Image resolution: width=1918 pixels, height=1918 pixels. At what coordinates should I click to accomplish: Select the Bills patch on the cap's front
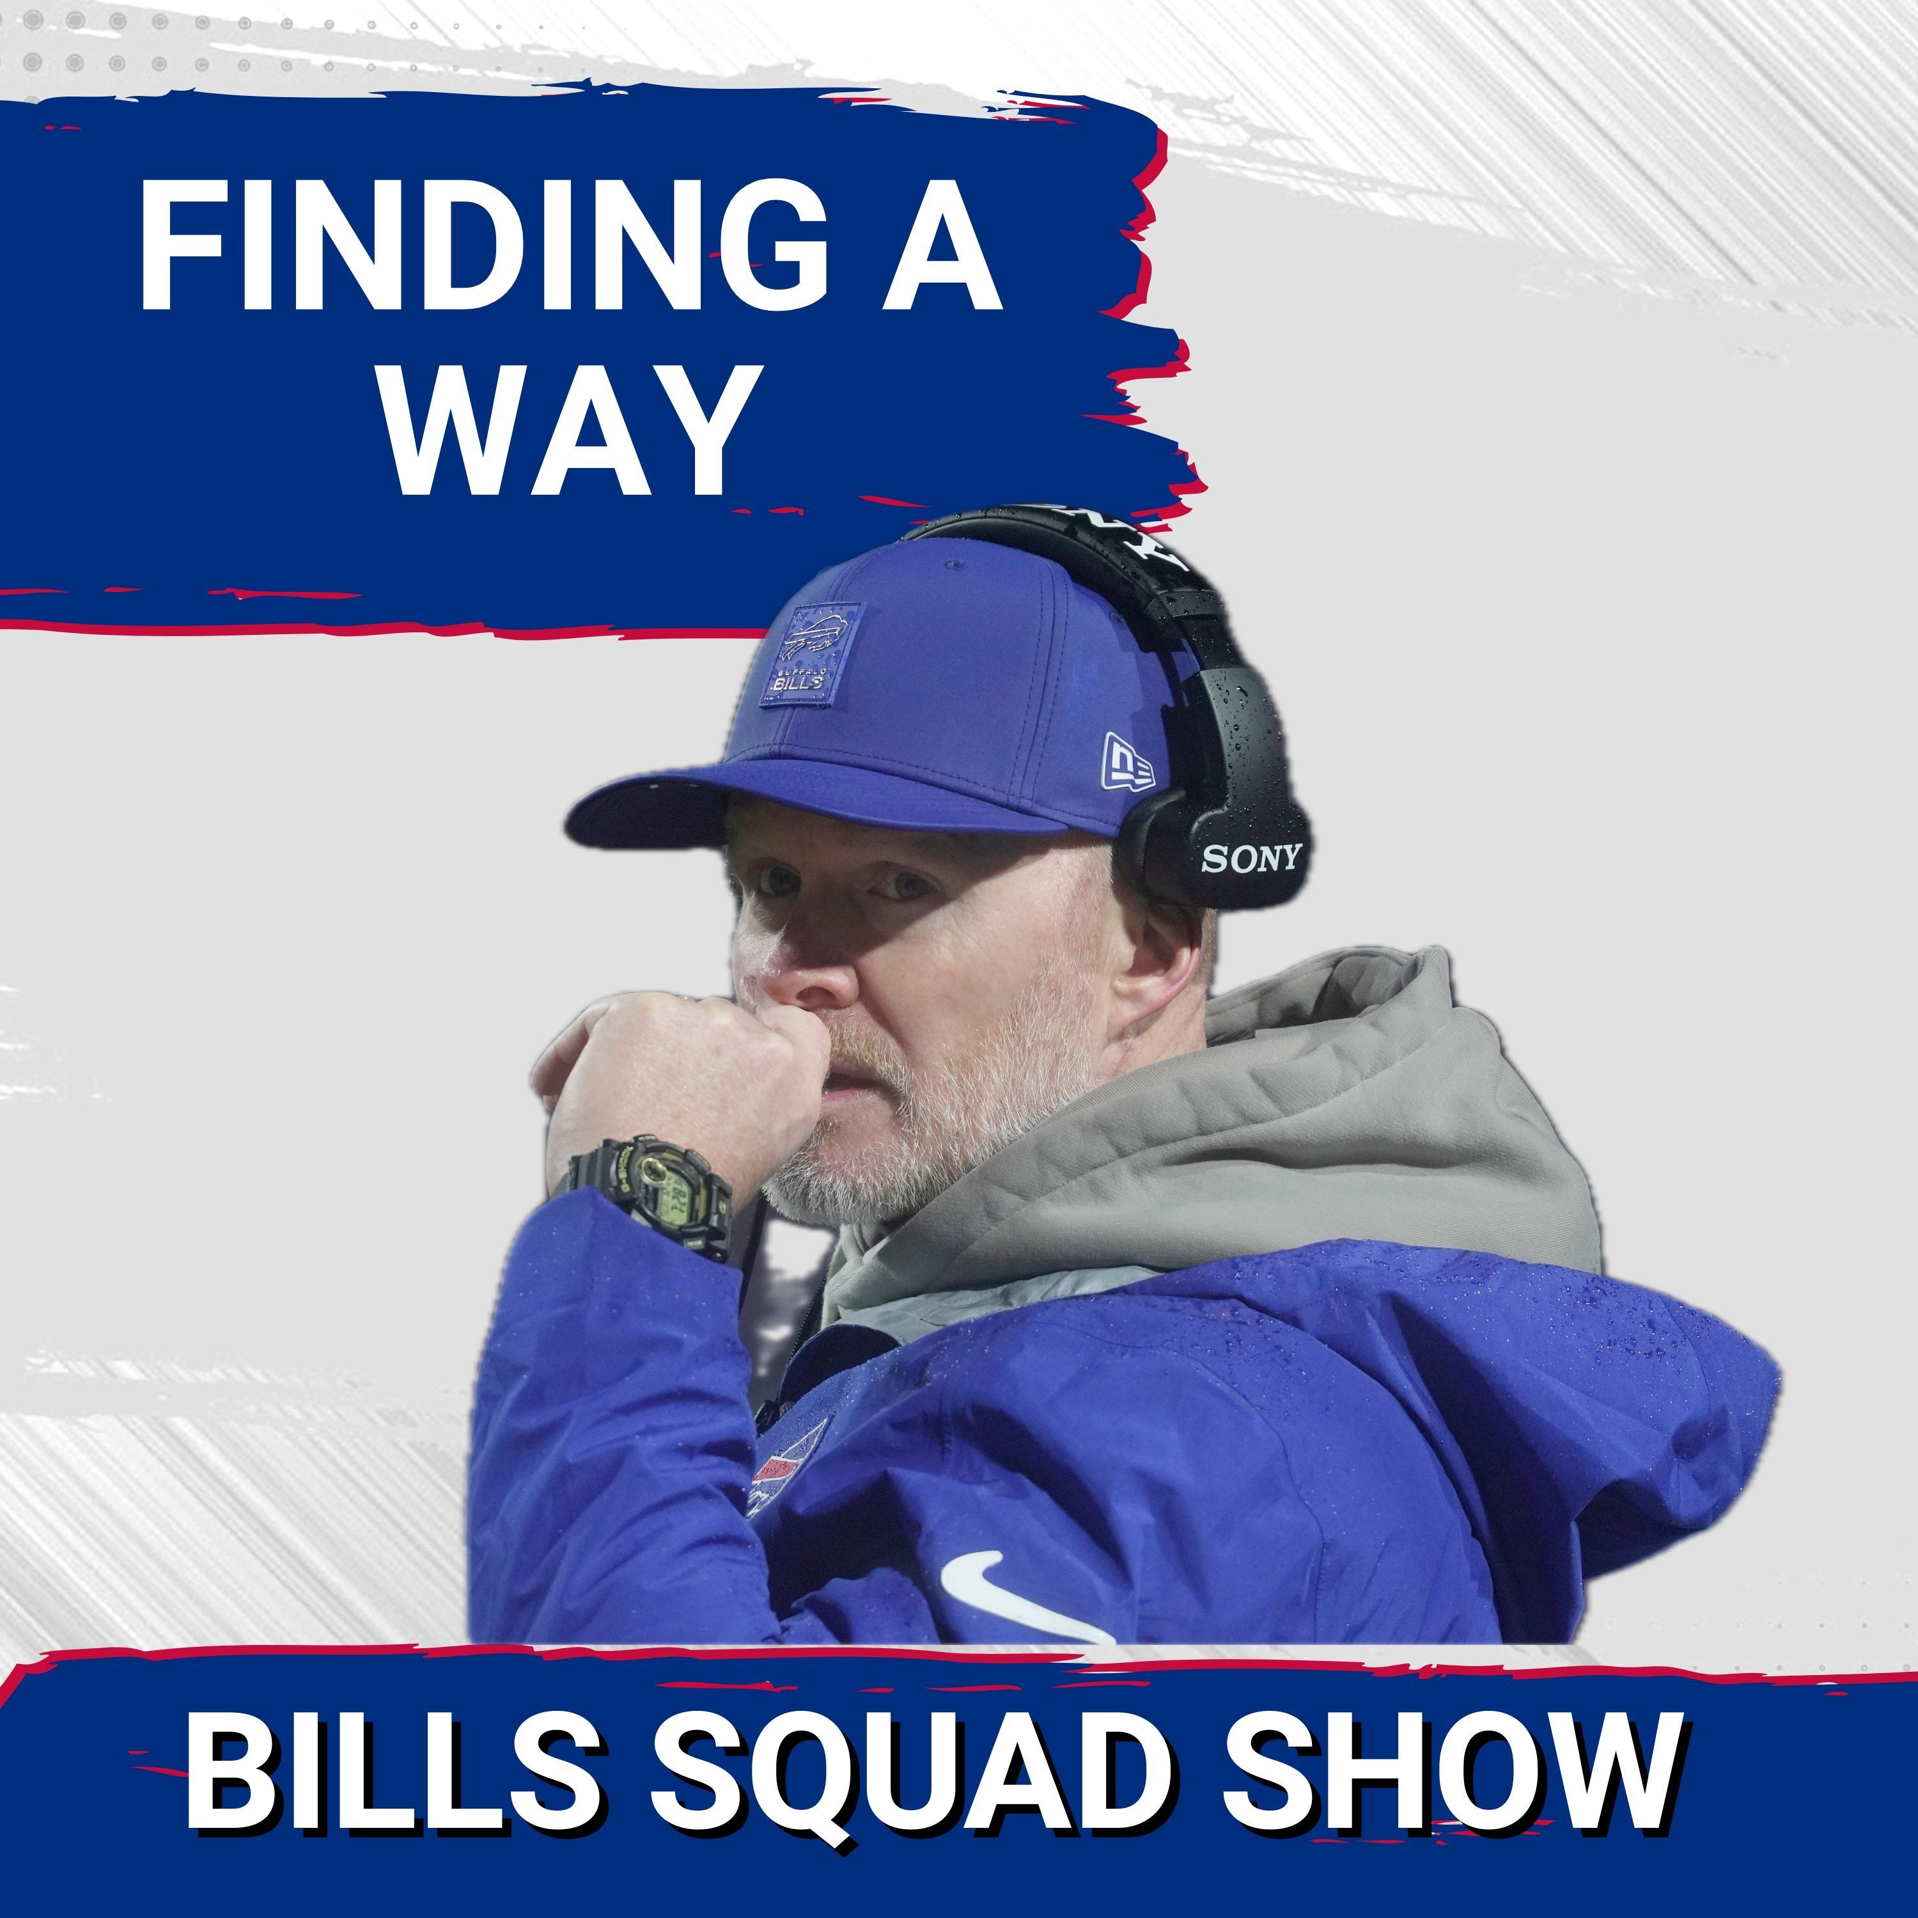coord(809,655)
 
